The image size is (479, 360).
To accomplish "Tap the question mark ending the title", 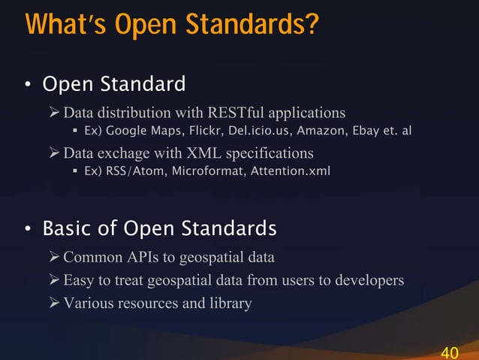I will coord(311,24).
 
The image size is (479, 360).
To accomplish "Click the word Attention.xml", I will coord(289,172).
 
